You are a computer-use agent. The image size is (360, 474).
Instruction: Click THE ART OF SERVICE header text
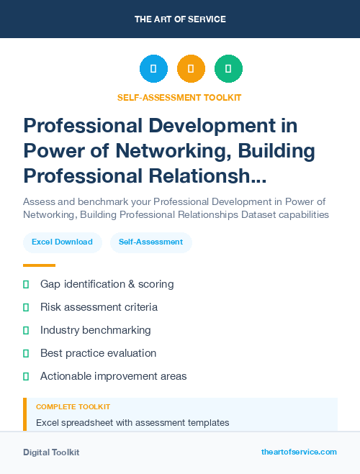pyautogui.click(x=180, y=19)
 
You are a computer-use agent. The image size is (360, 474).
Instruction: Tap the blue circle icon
pyautogui.click(x=153, y=69)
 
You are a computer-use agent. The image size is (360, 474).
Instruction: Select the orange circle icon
pyautogui.click(x=191, y=69)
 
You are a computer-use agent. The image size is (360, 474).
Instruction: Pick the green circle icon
pyautogui.click(x=228, y=69)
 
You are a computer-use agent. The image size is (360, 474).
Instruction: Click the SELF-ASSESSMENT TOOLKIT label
pyautogui.click(x=180, y=97)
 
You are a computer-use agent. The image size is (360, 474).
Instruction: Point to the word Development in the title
pyautogui.click(x=204, y=126)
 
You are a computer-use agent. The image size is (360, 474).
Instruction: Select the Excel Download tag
pyautogui.click(x=62, y=242)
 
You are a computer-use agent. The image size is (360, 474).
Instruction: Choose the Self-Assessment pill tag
pyautogui.click(x=150, y=242)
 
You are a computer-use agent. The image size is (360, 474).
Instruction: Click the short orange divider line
pyautogui.click(x=39, y=265)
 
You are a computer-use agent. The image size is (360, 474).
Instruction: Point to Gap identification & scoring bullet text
pyautogui.click(x=107, y=284)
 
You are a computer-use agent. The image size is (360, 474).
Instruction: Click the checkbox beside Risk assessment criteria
pyautogui.click(x=26, y=307)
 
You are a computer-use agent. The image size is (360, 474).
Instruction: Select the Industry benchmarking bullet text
pyautogui.click(x=95, y=330)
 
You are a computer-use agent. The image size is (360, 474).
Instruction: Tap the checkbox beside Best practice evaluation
pyautogui.click(x=26, y=353)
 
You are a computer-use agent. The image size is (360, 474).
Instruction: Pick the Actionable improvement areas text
pyautogui.click(x=113, y=376)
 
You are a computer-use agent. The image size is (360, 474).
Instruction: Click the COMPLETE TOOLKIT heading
pyautogui.click(x=73, y=407)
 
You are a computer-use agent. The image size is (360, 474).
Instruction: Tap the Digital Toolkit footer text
pyautogui.click(x=51, y=452)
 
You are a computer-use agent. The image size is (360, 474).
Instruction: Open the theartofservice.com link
pyautogui.click(x=299, y=452)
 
